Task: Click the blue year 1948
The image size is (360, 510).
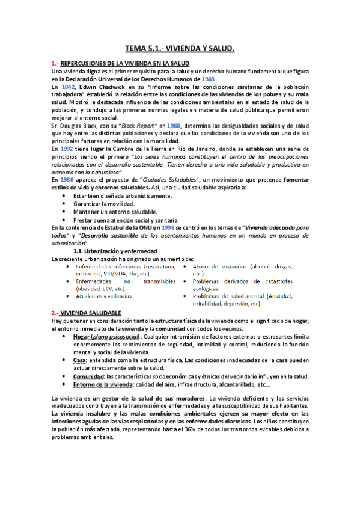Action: coord(208,79)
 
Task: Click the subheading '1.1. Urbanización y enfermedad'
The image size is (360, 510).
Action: coord(115,250)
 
